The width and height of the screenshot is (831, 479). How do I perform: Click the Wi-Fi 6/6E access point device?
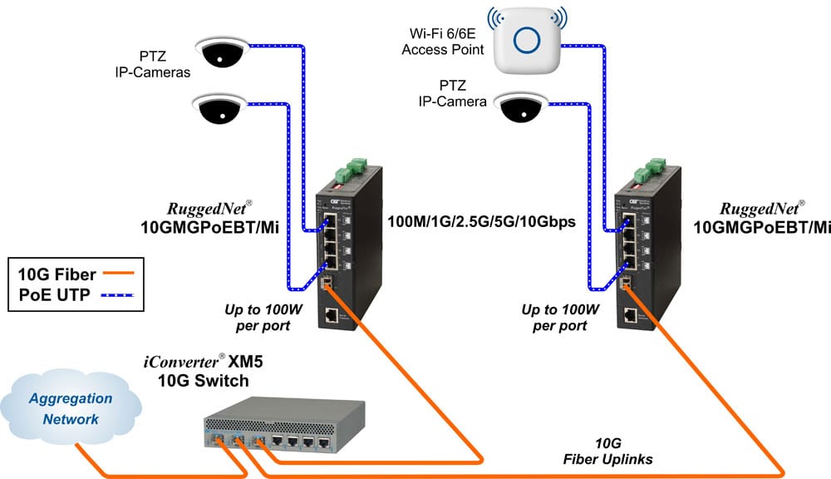pos(527,41)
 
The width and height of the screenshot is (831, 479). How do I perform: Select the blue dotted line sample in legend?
pos(117,294)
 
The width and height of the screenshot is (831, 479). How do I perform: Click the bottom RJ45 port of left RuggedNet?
pos(332,316)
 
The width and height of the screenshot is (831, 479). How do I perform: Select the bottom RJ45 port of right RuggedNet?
pos(631,315)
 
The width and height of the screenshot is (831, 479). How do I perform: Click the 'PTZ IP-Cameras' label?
pos(153,65)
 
